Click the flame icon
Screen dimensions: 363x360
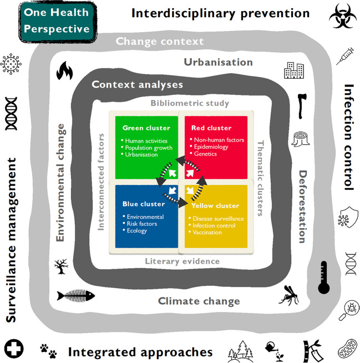pos(65,70)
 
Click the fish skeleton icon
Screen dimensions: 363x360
pos(72,295)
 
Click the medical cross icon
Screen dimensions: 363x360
pos(12,349)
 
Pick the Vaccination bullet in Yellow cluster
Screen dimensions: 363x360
pos(209,233)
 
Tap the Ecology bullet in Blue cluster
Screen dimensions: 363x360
pos(136,231)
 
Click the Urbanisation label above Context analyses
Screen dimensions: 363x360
pos(217,62)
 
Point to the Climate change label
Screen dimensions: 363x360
pos(199,301)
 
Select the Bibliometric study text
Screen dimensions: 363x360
pos(190,103)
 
